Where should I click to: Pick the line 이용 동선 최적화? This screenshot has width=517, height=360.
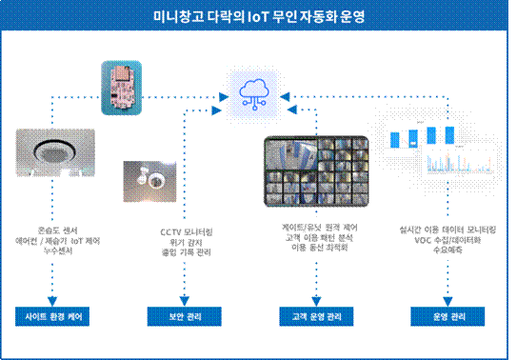[317, 249]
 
